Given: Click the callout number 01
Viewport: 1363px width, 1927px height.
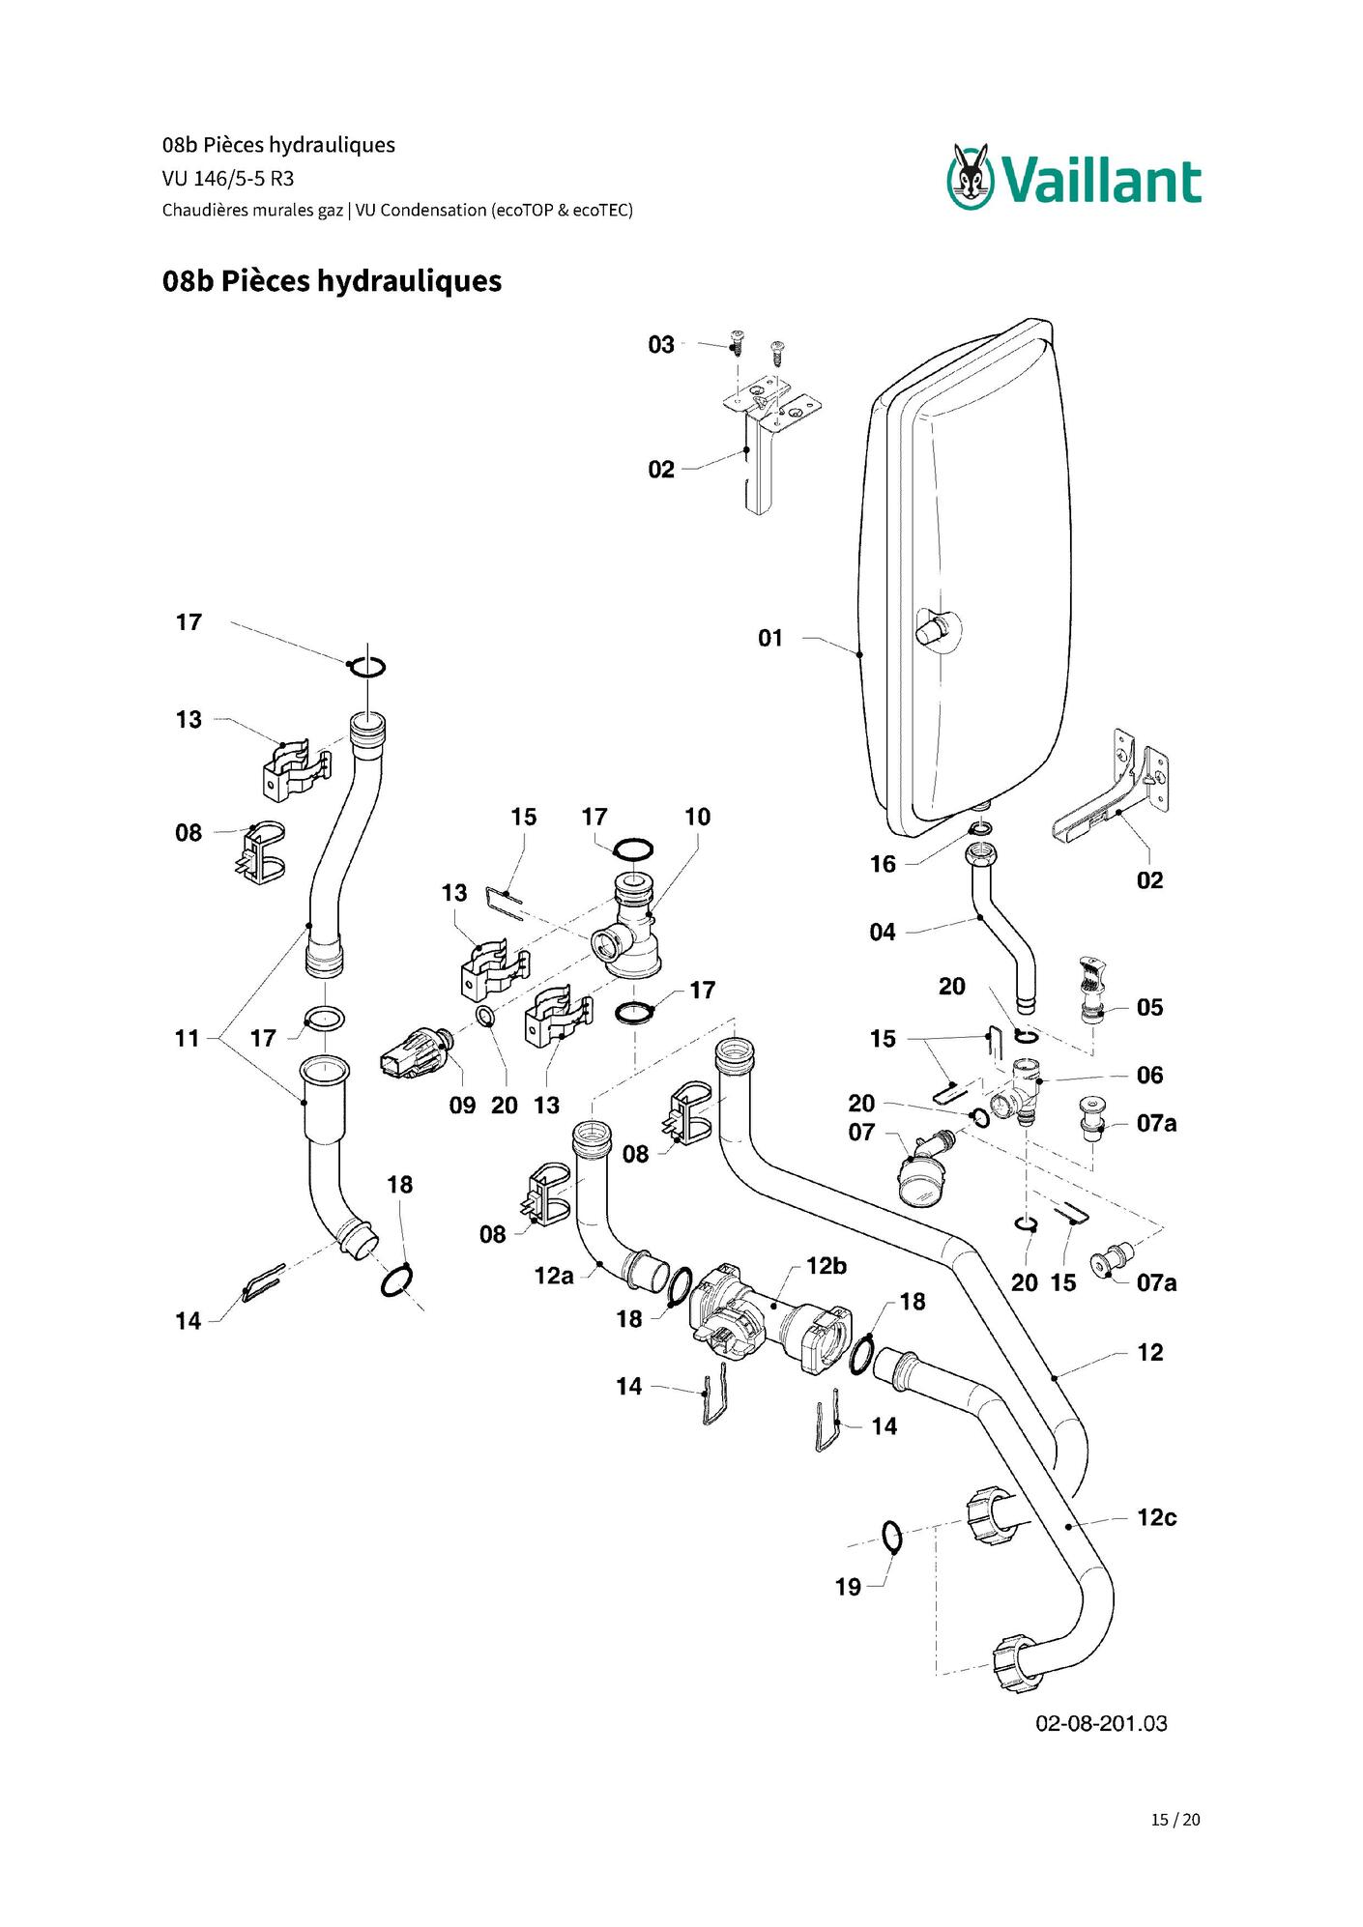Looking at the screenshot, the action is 770,638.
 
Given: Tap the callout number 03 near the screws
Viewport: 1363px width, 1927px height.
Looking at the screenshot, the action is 661,345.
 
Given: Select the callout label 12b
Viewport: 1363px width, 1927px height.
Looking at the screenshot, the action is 826,1266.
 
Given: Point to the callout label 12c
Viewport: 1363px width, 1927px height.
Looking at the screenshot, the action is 1156,1517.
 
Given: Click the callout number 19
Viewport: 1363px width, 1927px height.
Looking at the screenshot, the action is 848,1587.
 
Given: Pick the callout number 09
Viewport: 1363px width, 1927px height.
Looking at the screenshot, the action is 462,1106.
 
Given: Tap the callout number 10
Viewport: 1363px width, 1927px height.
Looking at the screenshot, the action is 697,817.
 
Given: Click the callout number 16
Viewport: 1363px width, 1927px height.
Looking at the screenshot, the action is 883,864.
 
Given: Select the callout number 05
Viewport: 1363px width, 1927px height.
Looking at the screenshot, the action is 1149,1008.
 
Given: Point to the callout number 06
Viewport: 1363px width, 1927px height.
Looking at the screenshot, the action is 1149,1076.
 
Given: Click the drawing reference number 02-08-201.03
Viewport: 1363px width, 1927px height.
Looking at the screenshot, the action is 1101,1723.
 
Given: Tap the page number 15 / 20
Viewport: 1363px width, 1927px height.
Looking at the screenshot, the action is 1175,1820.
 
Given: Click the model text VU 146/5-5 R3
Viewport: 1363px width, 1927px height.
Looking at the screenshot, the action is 228,179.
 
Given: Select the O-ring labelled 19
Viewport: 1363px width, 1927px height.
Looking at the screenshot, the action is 891,1536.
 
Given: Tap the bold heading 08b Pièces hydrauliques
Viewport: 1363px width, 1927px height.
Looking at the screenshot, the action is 332,281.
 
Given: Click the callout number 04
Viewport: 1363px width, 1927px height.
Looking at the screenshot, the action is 883,933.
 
